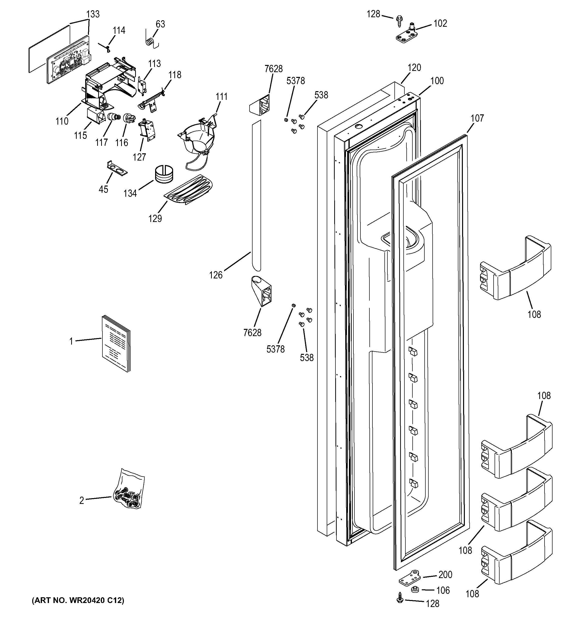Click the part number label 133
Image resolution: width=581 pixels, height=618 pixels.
[93, 14]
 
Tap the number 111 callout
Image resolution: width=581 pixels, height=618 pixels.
[222, 97]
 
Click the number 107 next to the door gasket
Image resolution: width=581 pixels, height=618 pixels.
[477, 118]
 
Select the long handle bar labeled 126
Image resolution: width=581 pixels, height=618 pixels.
[256, 196]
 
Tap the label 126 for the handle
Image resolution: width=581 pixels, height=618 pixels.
[216, 275]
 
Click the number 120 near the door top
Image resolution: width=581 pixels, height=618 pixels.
[414, 67]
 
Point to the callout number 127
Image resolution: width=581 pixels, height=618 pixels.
[139, 157]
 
